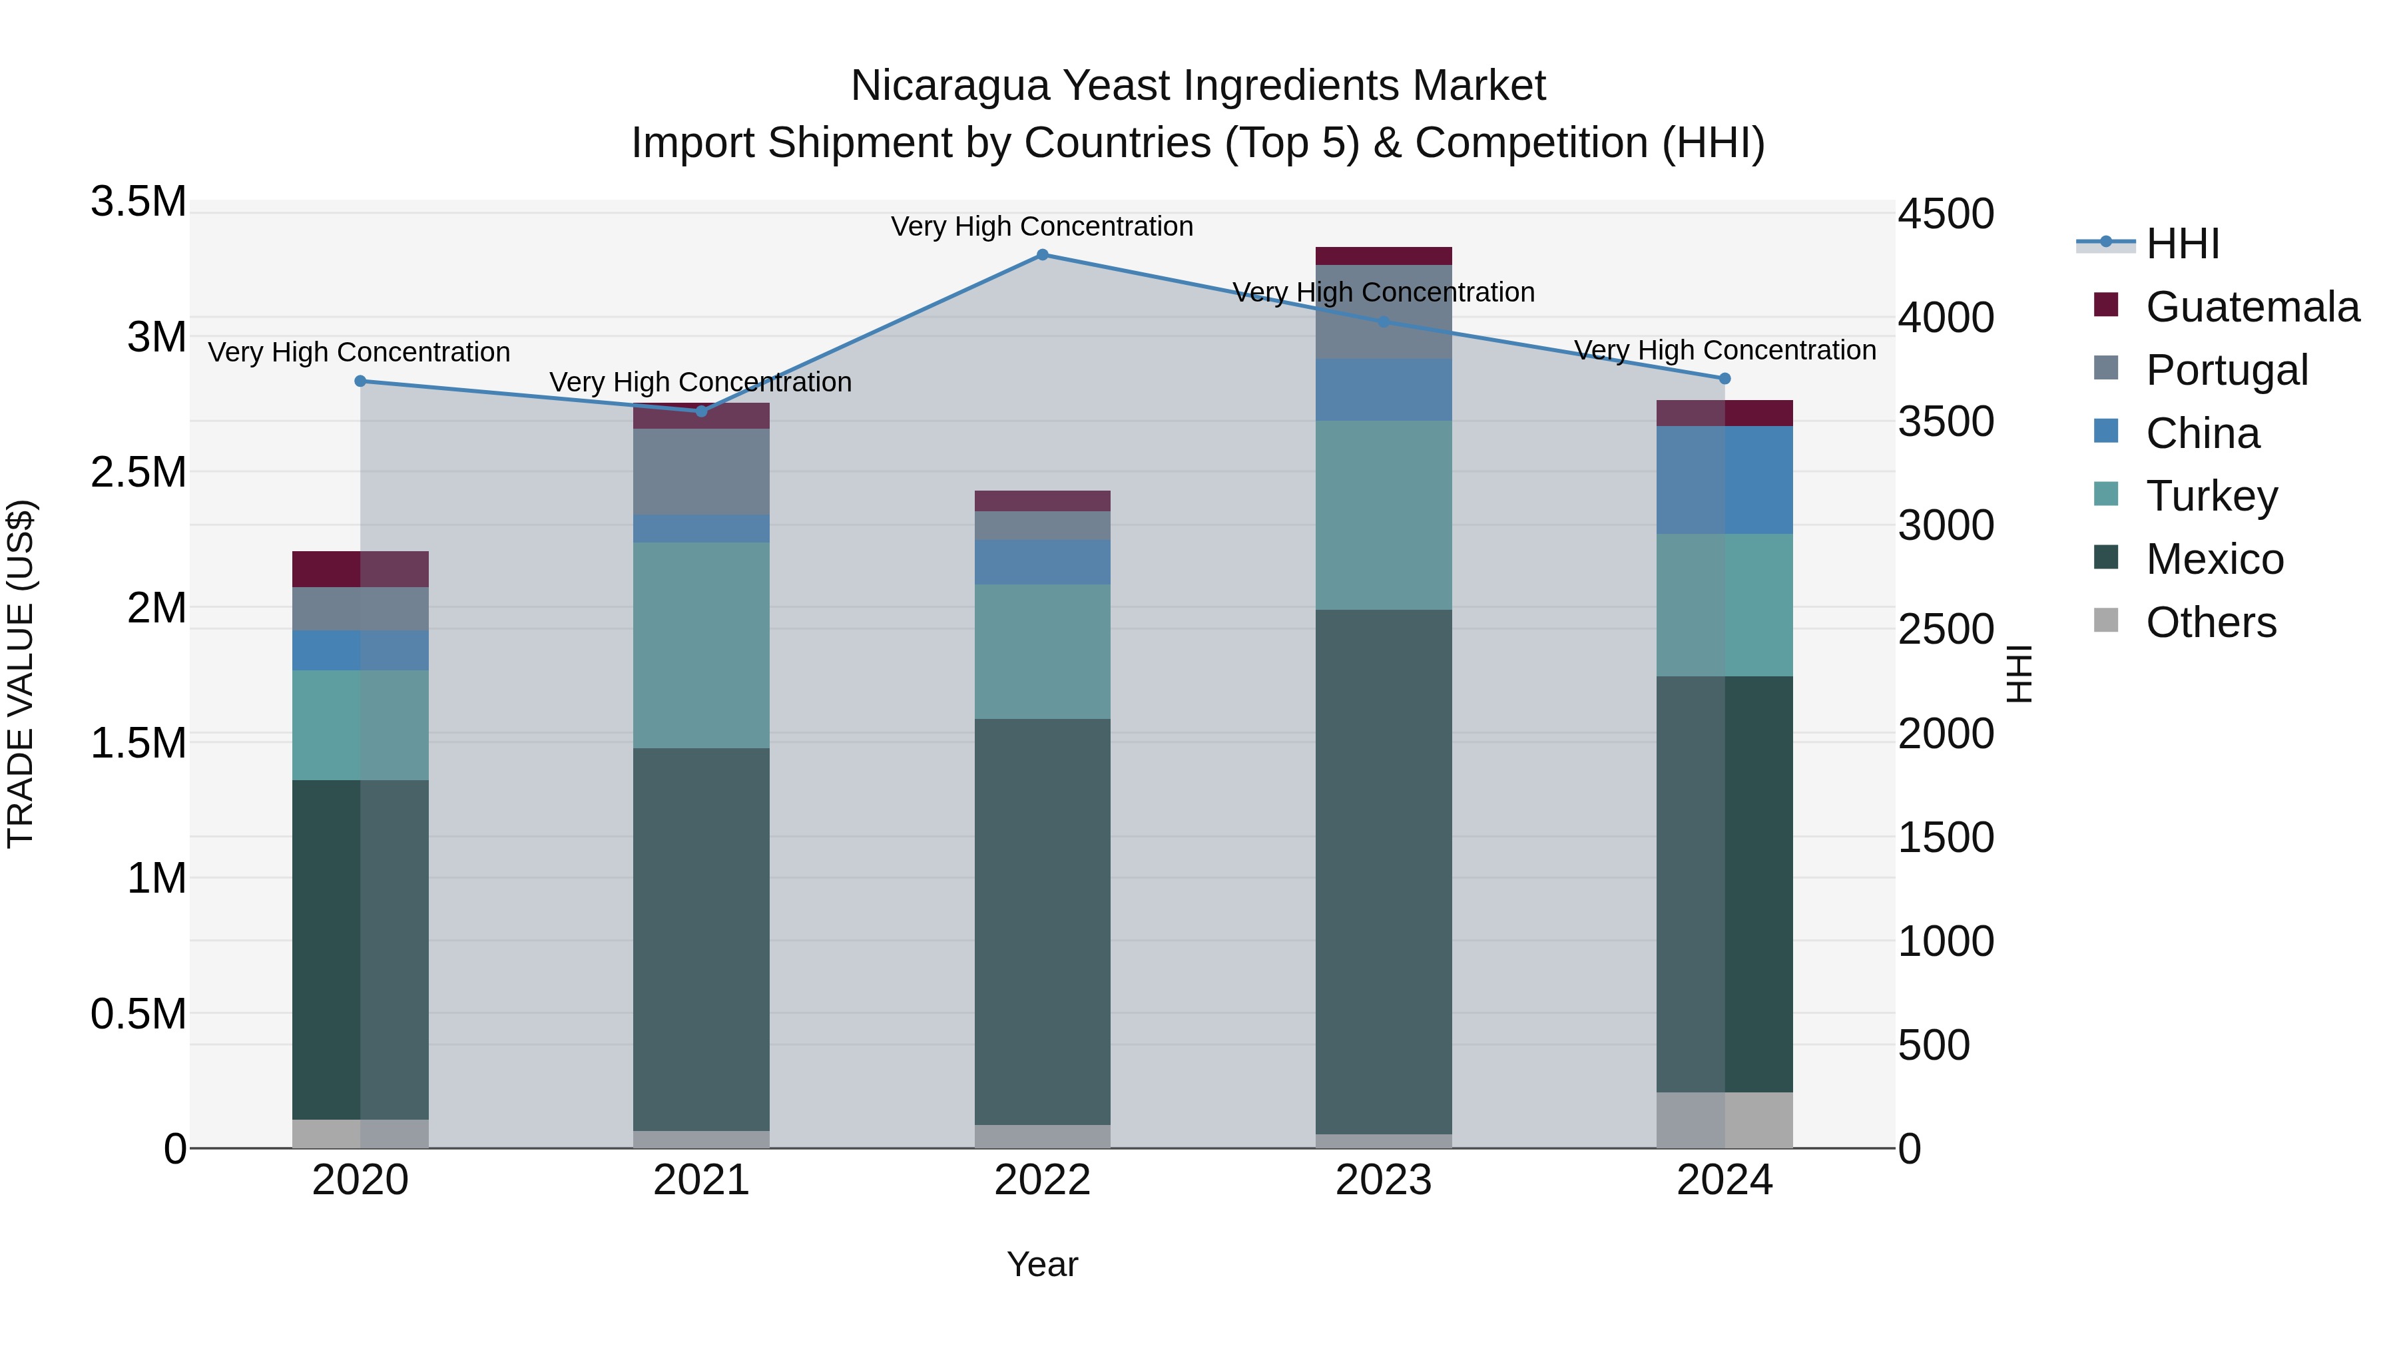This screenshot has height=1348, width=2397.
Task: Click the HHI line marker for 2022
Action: [x=1042, y=255]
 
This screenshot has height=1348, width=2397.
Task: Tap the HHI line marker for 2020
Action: [x=361, y=381]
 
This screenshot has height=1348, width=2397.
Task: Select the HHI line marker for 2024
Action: [x=1725, y=379]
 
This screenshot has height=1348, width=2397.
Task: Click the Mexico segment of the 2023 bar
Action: [x=1384, y=871]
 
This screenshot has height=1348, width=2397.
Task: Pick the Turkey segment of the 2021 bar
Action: [x=702, y=644]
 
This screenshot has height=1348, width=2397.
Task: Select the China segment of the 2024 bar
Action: [x=1725, y=480]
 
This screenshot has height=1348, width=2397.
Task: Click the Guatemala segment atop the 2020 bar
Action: [x=361, y=568]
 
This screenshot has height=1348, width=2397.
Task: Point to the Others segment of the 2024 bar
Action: [x=1725, y=1120]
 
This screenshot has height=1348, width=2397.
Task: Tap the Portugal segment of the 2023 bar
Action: [x=1384, y=312]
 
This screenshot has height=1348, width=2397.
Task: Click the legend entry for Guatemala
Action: [x=2252, y=307]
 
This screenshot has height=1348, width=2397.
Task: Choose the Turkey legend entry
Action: [x=2211, y=496]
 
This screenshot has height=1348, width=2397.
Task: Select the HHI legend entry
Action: [x=2182, y=244]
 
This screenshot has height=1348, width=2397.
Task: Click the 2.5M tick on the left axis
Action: [x=138, y=473]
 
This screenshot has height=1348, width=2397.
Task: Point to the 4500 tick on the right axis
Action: [x=1946, y=214]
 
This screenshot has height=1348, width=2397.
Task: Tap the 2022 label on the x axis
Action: [x=1042, y=1180]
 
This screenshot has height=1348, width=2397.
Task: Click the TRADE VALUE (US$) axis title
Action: [x=21, y=674]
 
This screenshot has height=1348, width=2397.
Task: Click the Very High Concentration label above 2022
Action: [x=1042, y=226]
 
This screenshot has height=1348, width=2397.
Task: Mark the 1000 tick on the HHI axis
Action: [x=1946, y=941]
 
